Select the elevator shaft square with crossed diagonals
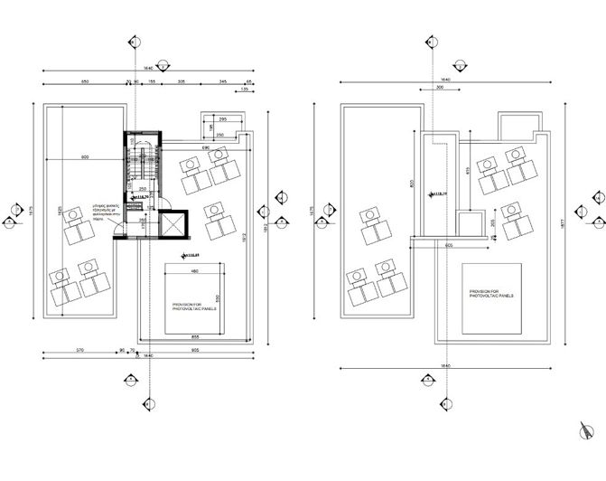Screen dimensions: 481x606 (169, 222)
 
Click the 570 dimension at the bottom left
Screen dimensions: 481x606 (79, 349)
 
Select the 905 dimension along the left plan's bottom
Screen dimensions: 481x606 (195, 349)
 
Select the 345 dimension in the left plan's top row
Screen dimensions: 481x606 (222, 82)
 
